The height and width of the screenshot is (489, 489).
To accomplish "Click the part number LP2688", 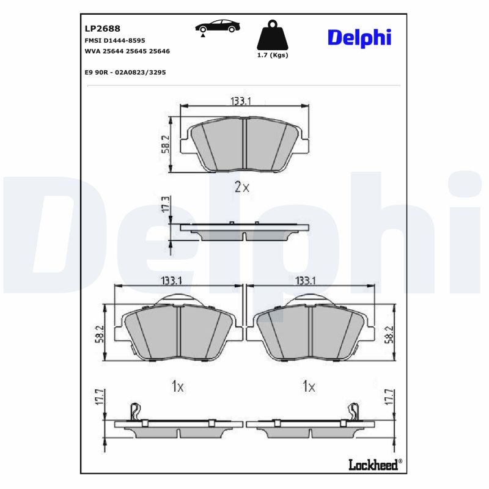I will click(x=101, y=28).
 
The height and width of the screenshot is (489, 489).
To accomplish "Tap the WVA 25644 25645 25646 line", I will click(x=127, y=51).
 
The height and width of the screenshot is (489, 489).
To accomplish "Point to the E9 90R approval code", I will click(x=125, y=72).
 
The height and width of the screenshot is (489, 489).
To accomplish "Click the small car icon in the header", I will click(x=217, y=28).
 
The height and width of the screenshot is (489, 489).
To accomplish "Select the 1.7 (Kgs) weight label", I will click(x=272, y=55).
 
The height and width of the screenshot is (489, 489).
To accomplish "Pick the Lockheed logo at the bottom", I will click(x=373, y=465).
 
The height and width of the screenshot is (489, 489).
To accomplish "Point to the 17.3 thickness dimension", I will click(x=164, y=205).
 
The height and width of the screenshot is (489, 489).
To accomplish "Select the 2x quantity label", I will click(x=242, y=188).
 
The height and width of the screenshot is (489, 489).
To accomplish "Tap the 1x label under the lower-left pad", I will click(x=177, y=386).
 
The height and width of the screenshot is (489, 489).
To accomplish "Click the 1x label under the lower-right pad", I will click(x=309, y=386).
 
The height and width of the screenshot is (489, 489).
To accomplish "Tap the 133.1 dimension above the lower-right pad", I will click(x=306, y=281).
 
